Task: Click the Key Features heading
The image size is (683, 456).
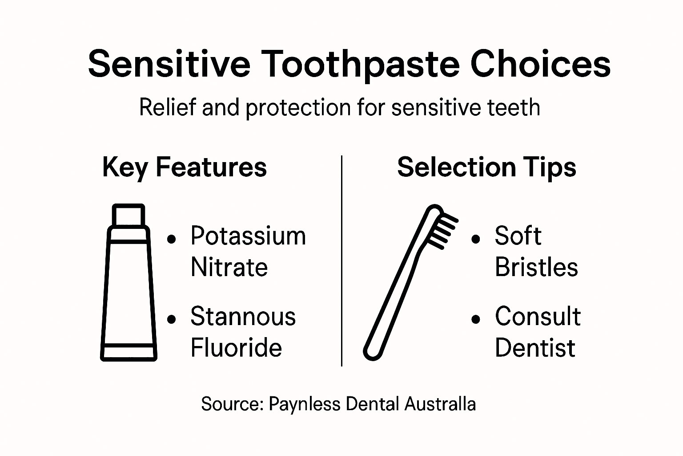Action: pyautogui.click(x=185, y=167)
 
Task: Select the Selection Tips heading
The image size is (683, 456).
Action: pyautogui.click(x=486, y=167)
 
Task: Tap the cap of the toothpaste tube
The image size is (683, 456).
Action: pyautogui.click(x=129, y=216)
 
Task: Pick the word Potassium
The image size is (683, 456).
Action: pyautogui.click(x=248, y=236)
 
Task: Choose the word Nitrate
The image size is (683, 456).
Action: pyautogui.click(x=229, y=267)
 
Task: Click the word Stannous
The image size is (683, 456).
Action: pyautogui.click(x=243, y=317)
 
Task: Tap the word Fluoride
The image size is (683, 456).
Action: pyautogui.click(x=236, y=348)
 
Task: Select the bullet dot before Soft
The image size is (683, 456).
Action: pyautogui.click(x=476, y=239)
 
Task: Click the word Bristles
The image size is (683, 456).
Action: pyautogui.click(x=536, y=267)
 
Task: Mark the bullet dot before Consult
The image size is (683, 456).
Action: pyautogui.click(x=476, y=319)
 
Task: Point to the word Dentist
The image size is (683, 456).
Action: pyautogui.click(x=535, y=348)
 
